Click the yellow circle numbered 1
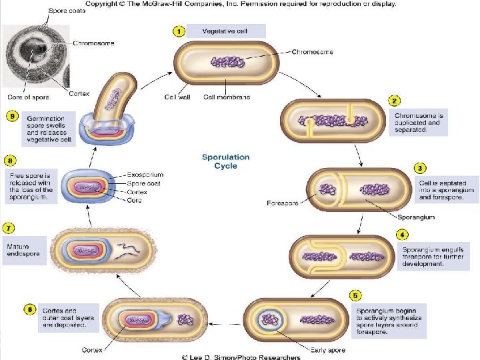tap(179, 31)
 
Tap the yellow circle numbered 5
tap(355, 295)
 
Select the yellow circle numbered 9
tap(12, 116)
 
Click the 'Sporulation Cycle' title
tap(226, 161)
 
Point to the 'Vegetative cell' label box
tap(226, 31)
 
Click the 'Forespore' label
tap(283, 203)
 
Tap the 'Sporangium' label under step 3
tap(416, 217)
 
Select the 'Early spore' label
tap(328, 350)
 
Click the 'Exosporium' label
tap(145, 175)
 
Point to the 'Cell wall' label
tap(177, 97)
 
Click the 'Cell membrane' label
tap(227, 97)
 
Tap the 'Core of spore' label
tap(28, 97)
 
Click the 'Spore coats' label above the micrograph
tap(67, 11)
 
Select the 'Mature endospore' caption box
tap(25, 251)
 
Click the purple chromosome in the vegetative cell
tap(227, 62)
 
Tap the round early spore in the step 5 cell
tap(270, 320)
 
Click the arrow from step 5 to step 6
tap(225, 324)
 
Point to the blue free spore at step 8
tap(89, 187)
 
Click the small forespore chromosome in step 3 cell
tap(328, 189)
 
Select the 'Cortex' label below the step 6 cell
tap(92, 350)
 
